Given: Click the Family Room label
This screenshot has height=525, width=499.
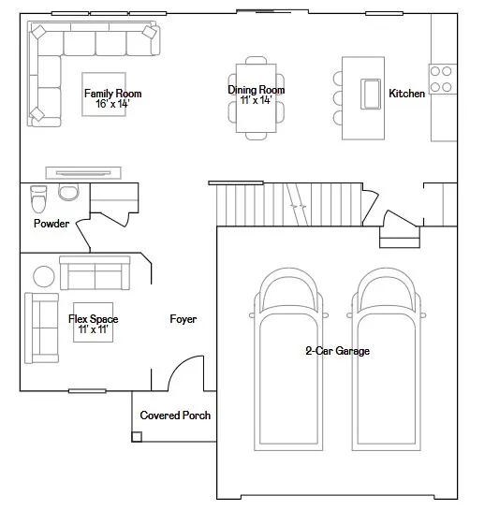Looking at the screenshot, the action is (x=113, y=94).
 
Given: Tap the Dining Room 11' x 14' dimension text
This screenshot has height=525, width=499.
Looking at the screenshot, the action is (x=256, y=100).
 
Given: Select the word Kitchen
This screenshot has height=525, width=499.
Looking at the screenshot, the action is (x=407, y=94).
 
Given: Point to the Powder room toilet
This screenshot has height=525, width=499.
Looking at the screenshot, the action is (x=38, y=199).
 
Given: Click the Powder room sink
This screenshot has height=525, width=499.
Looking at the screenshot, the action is (x=68, y=192).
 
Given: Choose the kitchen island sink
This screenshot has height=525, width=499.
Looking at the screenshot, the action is (x=371, y=95).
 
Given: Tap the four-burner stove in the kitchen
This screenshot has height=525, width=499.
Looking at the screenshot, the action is (x=442, y=79).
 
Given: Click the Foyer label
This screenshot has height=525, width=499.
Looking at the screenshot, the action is (x=183, y=319).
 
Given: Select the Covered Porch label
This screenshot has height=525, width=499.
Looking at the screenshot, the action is (x=175, y=416).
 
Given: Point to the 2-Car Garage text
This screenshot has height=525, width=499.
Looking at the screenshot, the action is (x=338, y=351).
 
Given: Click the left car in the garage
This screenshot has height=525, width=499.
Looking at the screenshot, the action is (x=288, y=359).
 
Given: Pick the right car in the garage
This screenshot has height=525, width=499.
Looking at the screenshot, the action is (x=386, y=359).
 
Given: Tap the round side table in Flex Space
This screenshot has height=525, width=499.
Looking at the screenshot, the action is (x=44, y=276).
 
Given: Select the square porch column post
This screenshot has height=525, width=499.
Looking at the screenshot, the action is (x=137, y=437).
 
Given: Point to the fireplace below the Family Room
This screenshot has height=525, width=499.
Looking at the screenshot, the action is (x=83, y=173).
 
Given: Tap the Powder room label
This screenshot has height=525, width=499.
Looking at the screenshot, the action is (x=51, y=224).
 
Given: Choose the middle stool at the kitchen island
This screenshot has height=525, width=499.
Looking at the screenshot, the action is (x=338, y=98).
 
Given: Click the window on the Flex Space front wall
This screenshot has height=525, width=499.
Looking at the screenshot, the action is (x=87, y=391).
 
